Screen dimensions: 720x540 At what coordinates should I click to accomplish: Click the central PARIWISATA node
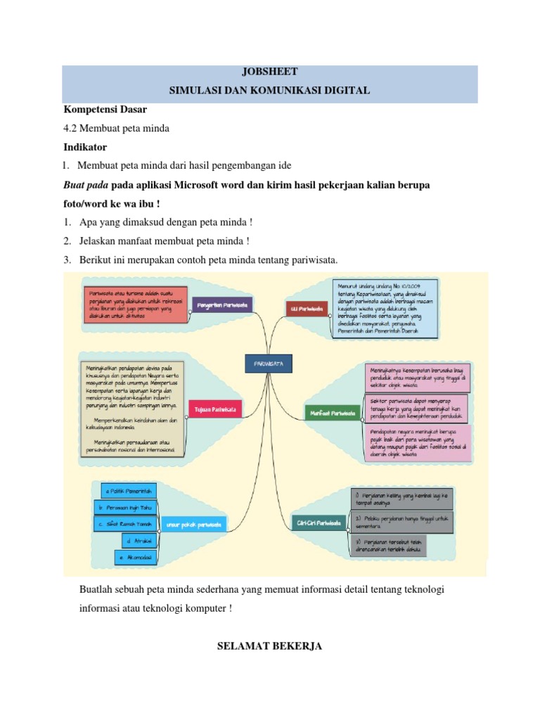(269, 363)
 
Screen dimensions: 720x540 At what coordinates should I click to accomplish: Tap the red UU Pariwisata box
(307, 308)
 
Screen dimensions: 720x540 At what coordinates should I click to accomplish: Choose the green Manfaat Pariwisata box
(331, 413)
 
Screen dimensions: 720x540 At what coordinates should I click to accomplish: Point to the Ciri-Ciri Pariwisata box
(319, 523)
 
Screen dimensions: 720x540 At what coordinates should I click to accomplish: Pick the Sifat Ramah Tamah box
(124, 524)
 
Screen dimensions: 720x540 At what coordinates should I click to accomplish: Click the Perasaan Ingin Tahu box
(124, 507)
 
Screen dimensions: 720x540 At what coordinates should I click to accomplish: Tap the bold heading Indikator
(85, 148)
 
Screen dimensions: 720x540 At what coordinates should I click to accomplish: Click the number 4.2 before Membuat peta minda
(71, 129)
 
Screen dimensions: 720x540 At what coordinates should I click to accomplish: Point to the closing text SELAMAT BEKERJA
(270, 645)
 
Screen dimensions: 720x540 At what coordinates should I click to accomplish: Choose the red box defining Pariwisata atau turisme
(136, 304)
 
